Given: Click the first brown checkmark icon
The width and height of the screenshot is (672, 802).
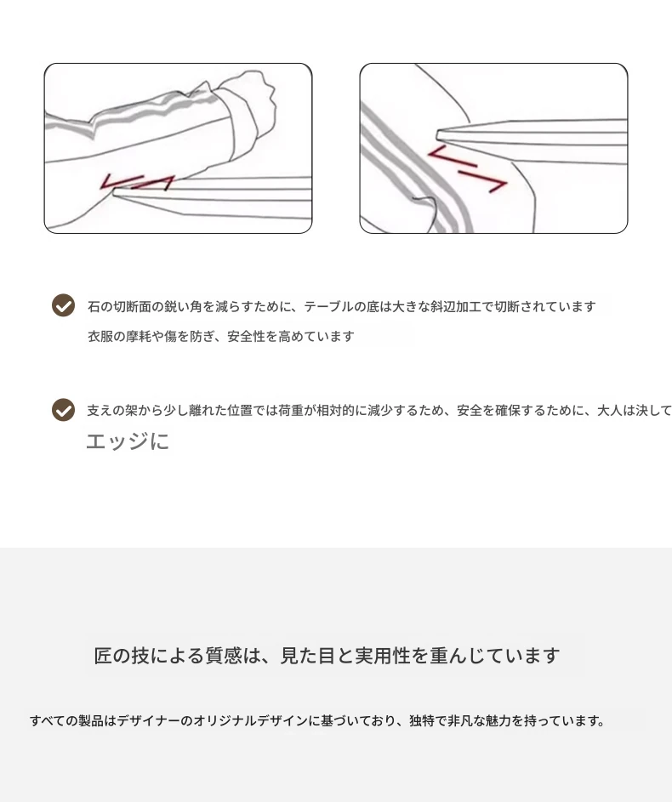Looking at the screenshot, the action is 64,305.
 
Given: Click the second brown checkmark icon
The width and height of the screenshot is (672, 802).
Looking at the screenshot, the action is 64,410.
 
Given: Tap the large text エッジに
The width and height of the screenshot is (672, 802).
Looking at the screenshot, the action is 128,441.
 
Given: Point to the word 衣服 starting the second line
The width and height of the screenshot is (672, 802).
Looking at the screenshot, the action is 100,336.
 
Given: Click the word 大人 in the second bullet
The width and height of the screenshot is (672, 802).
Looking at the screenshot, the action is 610,410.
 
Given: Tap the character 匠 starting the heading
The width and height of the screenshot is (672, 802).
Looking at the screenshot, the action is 103,655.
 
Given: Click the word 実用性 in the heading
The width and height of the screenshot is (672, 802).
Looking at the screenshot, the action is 383,655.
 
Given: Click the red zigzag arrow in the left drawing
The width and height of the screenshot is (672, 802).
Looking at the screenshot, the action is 137,182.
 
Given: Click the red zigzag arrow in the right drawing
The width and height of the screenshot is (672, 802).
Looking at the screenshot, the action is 468,168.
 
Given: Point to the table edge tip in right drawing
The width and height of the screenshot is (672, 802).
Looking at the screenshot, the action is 438,136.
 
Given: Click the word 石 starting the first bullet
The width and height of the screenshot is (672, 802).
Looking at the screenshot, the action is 94,306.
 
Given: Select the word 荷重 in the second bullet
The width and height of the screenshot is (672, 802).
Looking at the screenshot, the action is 291,410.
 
